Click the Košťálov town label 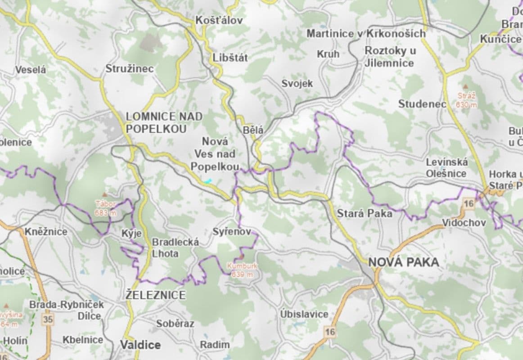[219, 20]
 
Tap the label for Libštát [230, 58]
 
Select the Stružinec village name [130, 69]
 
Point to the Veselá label [31, 70]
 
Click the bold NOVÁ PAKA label [403, 262]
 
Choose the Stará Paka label [365, 213]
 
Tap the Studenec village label [422, 104]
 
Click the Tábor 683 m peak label [105, 208]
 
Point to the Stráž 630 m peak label [466, 100]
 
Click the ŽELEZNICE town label [156, 295]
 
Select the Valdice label [140, 345]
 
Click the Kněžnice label [46, 232]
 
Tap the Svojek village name [297, 83]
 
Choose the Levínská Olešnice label [447, 167]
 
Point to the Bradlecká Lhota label [175, 247]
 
